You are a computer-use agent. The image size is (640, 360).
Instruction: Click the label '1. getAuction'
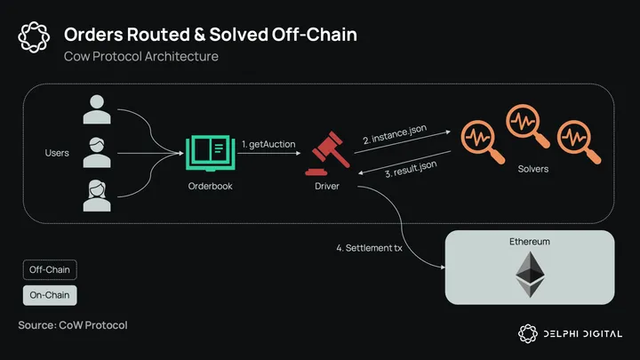(x=268, y=144)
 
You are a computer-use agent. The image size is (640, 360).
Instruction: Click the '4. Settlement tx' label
(x=369, y=248)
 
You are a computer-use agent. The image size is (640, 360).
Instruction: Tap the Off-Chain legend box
(x=50, y=269)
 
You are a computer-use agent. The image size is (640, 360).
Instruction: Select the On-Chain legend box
(x=50, y=294)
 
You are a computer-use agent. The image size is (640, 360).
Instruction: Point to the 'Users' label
(x=57, y=154)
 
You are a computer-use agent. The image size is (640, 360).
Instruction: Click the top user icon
(x=96, y=110)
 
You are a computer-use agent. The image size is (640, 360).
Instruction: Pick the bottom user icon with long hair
(x=96, y=195)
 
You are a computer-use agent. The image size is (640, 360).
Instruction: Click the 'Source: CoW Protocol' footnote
(x=73, y=325)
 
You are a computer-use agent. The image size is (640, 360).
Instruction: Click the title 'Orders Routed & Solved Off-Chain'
(x=211, y=36)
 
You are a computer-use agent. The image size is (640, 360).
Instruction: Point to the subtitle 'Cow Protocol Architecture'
(x=141, y=57)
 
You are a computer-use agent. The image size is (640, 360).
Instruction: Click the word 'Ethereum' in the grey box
(x=530, y=242)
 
